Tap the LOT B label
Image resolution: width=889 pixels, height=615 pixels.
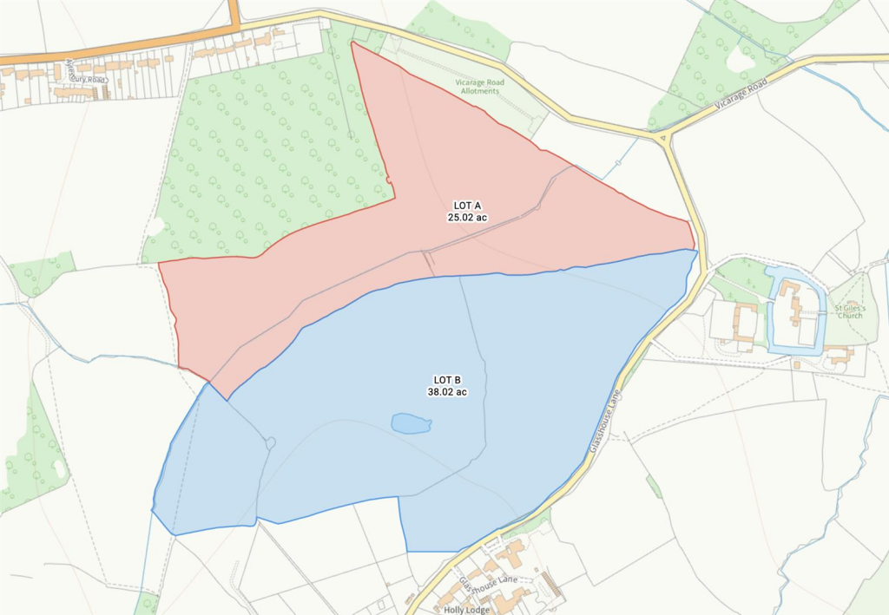pyautogui.click(x=447, y=380)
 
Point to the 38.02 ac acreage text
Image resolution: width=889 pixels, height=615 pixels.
pyautogui.click(x=447, y=392)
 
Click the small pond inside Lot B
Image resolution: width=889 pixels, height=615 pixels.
pyautogui.click(x=411, y=423)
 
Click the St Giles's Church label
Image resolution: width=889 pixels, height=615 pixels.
pyautogui.click(x=850, y=311)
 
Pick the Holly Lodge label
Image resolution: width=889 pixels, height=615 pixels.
pyautogui.click(x=467, y=609)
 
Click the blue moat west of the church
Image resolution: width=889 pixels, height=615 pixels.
pyautogui.click(x=771, y=312)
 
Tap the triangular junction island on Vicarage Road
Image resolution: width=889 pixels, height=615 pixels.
pyautogui.click(x=662, y=136)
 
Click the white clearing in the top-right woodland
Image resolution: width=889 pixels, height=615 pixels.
pyautogui.click(x=741, y=58)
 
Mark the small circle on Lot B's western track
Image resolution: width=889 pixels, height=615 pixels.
pyautogui.click(x=270, y=443)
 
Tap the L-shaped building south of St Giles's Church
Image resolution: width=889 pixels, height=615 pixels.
pyautogui.click(x=837, y=353)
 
